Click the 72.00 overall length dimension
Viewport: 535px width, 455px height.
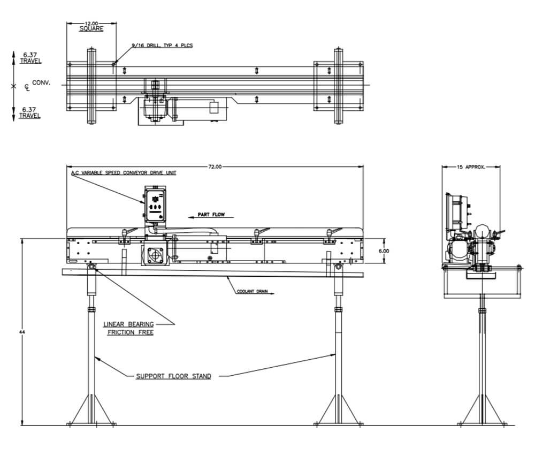(215, 167)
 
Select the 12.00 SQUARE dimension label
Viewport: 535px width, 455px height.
(91, 26)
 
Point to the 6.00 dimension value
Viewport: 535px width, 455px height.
(384, 251)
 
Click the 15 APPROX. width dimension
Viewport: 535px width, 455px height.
(471, 167)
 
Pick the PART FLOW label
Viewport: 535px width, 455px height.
(211, 215)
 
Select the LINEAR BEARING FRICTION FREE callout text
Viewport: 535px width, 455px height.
(129, 328)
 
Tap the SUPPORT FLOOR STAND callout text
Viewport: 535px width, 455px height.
(173, 376)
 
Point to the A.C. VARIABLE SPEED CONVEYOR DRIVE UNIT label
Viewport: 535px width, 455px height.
(124, 173)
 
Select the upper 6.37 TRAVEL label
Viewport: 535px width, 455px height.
(30, 58)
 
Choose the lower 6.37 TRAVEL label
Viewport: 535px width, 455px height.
(30, 112)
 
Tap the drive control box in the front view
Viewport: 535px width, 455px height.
(156, 203)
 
